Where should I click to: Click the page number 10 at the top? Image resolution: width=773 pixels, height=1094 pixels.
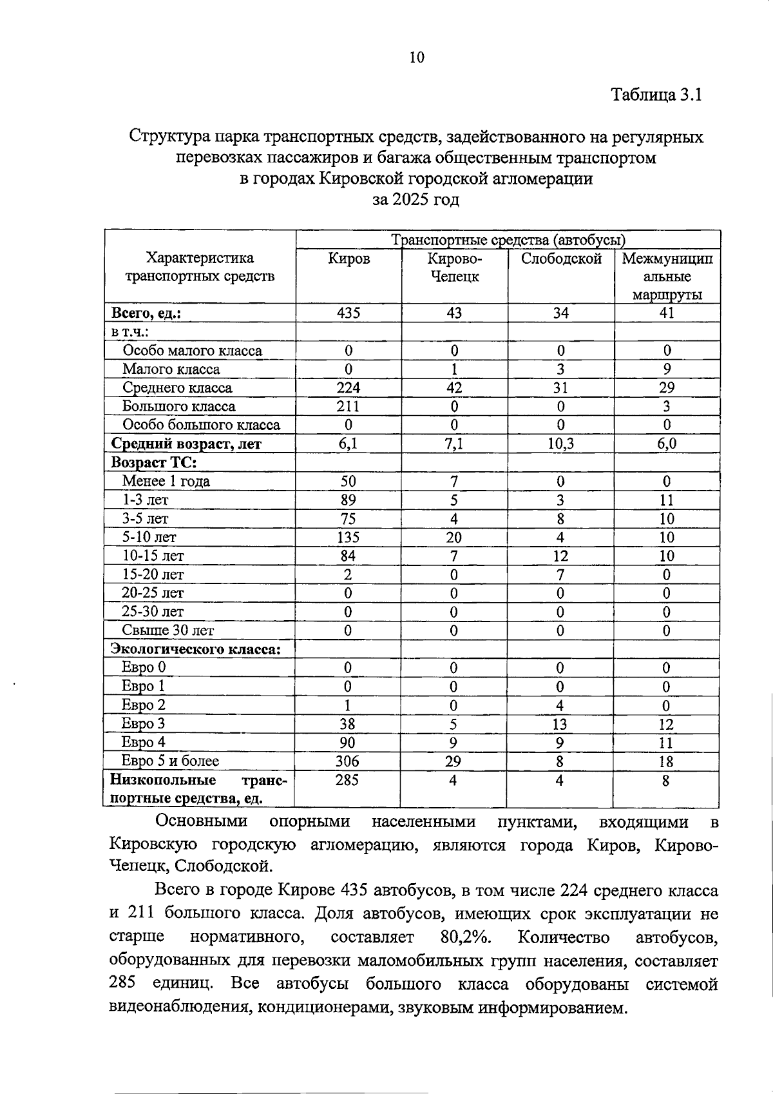417,58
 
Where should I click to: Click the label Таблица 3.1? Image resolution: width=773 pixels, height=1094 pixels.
656,95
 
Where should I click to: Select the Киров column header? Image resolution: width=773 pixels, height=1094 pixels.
348,259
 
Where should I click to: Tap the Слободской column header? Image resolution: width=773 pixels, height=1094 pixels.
561,259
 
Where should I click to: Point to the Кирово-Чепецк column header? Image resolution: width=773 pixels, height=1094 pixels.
454,268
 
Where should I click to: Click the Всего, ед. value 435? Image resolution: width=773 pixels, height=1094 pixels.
348,313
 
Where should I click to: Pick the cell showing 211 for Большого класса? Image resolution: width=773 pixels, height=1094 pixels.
348,407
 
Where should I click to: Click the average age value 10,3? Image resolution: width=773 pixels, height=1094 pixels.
560,444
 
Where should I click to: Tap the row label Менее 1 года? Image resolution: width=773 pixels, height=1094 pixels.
166,482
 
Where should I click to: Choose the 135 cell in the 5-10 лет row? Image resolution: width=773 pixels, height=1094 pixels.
348,538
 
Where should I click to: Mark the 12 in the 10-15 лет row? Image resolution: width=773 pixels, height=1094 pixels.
560,556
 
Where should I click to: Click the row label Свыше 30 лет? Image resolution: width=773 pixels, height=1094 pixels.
167,630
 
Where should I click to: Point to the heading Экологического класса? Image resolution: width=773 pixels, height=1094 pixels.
196,649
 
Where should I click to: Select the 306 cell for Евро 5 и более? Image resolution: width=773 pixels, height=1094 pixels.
347,761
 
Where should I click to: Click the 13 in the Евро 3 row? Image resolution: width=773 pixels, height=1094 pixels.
560,724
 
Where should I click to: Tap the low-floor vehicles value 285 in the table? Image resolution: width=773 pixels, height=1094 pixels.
347,781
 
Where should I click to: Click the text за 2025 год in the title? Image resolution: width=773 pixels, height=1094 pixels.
416,200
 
